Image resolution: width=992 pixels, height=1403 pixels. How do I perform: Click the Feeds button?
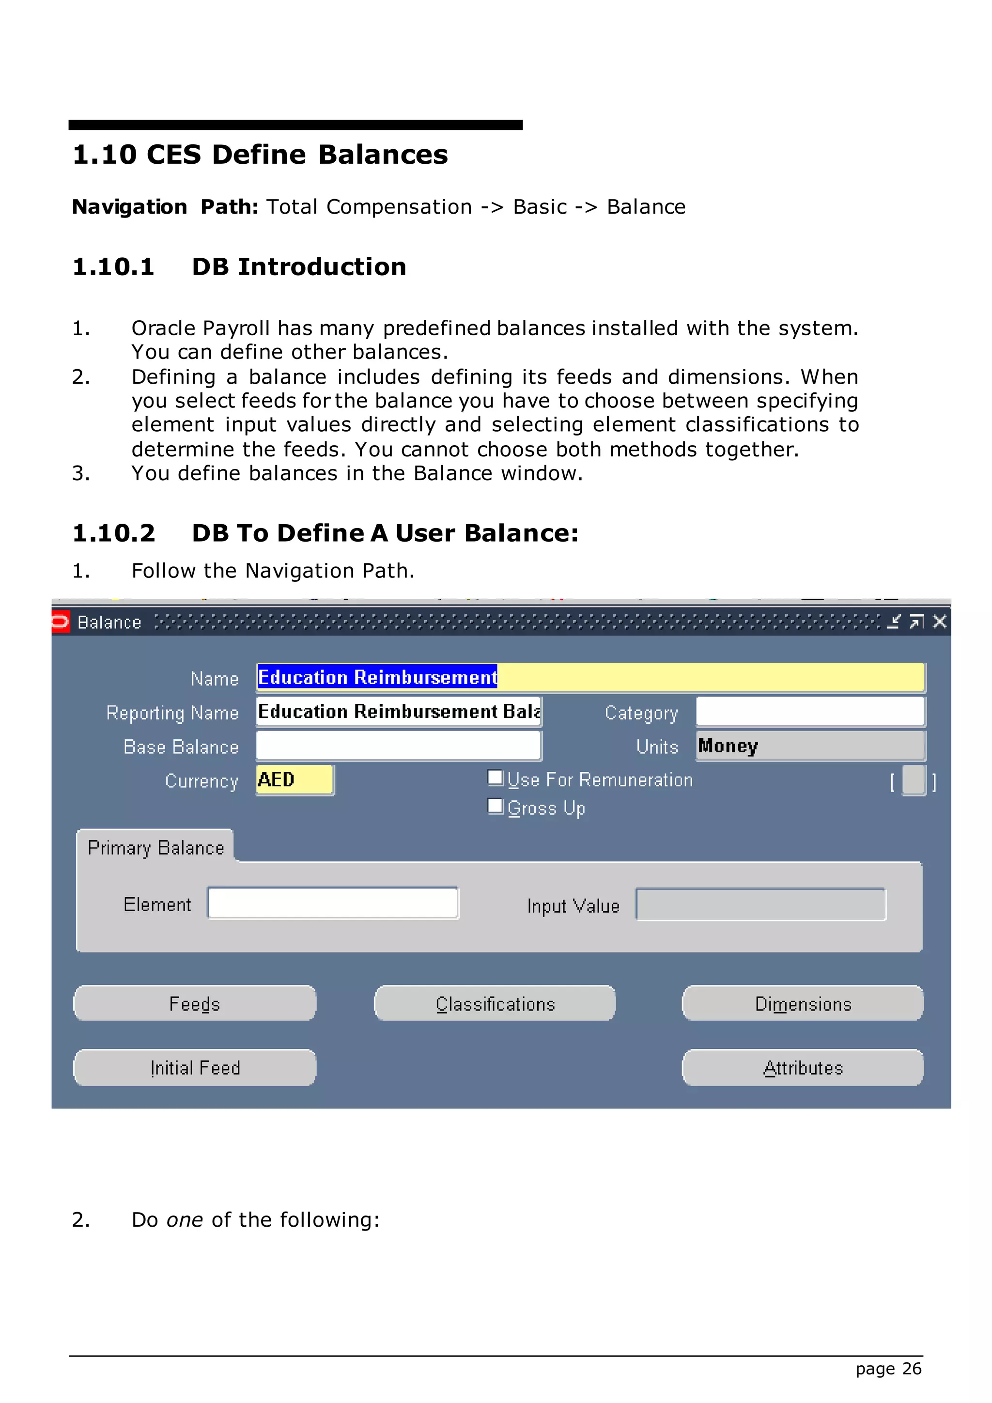194,1003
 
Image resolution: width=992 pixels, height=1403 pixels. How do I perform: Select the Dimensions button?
802,1003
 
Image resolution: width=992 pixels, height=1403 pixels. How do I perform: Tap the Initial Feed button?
194,1068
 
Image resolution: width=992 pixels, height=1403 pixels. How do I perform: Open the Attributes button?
802,1068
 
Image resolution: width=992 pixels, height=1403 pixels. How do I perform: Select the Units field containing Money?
810,746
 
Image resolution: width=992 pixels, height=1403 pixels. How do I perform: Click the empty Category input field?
810,712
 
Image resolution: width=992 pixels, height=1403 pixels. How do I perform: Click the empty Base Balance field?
398,746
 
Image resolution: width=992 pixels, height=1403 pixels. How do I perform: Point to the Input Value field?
760,904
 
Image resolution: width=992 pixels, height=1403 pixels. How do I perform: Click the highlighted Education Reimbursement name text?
377,677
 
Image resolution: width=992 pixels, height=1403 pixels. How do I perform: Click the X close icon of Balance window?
940,622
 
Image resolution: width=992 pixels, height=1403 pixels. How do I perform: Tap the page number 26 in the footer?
912,1369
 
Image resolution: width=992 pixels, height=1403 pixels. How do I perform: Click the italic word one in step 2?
185,1220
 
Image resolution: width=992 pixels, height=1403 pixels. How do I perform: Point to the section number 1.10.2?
114,533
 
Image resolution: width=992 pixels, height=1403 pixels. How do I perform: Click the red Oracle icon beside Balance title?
60,622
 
